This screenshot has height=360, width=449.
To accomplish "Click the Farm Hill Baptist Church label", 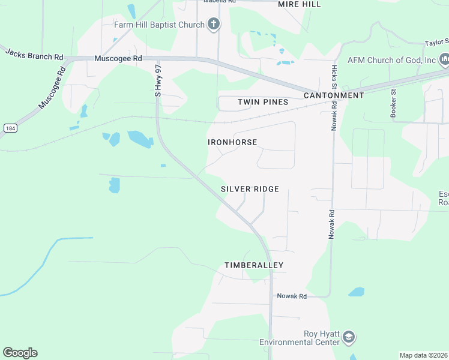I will (x=159, y=25).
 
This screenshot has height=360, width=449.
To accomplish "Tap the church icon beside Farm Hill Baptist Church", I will (x=213, y=25).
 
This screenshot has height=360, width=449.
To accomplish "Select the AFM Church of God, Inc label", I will (x=391, y=61).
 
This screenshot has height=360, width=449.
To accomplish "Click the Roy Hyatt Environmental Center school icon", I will (x=349, y=338).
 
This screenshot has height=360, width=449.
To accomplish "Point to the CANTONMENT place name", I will (x=334, y=95).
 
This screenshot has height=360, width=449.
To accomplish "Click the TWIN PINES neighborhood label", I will (x=263, y=102).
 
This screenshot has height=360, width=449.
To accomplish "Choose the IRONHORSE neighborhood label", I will (x=232, y=142).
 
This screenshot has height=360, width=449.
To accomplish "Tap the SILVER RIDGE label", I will (x=250, y=189).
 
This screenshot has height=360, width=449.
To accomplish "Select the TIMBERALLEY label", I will (x=254, y=265).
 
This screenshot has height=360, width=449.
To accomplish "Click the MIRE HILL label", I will (x=299, y=4).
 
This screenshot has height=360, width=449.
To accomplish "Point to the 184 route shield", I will (x=10, y=128).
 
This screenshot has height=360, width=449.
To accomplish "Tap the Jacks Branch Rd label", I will (x=34, y=53).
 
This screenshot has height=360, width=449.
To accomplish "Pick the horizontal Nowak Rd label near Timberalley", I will (x=292, y=296).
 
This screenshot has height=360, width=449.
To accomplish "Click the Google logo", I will (x=20, y=353).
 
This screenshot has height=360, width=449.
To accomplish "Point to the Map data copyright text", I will (x=424, y=355).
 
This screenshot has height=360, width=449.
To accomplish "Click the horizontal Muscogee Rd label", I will (x=118, y=59).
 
